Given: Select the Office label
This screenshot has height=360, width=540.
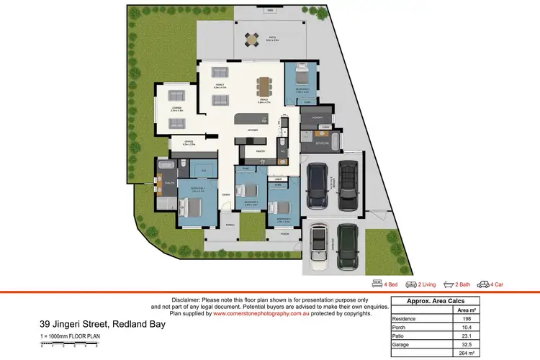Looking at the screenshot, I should tap(189, 143).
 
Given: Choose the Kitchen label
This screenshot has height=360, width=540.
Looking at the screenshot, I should tap(253, 130).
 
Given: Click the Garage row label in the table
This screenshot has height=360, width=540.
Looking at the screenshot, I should tap(400, 344).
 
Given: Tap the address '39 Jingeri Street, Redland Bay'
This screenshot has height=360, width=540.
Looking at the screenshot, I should tap(102, 325).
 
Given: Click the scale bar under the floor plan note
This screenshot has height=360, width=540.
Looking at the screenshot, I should tap(69, 346).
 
